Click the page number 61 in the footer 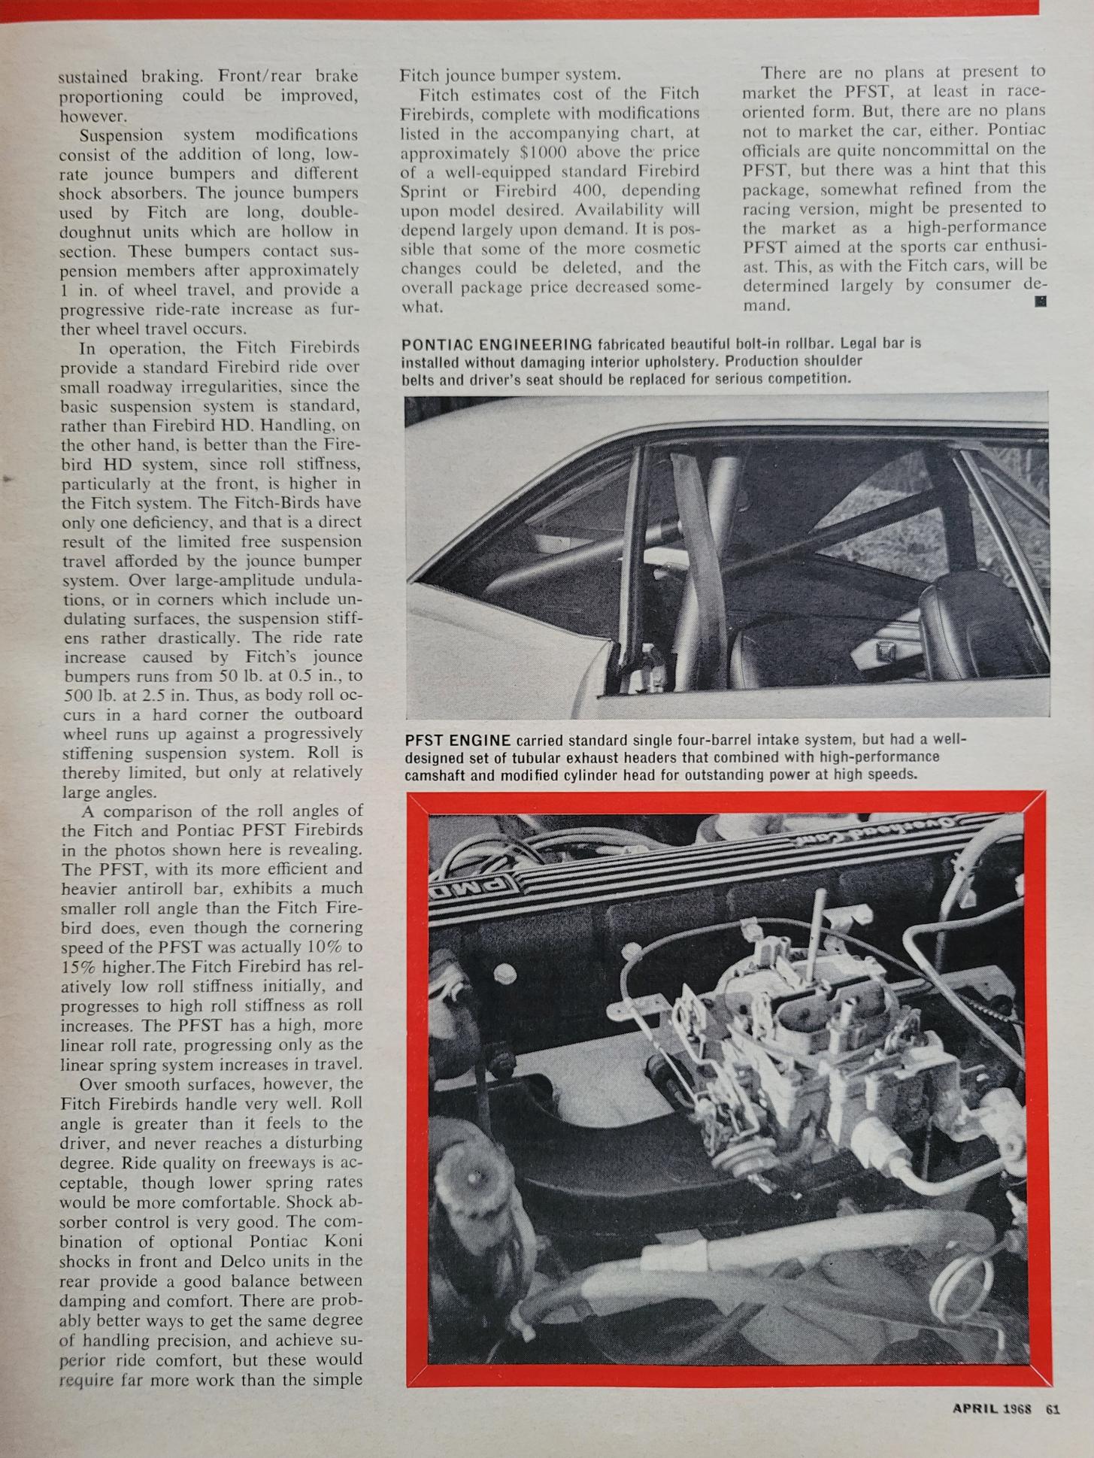pyautogui.click(x=1053, y=1409)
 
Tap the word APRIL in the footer pyautogui.click(x=975, y=1409)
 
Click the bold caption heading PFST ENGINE pyautogui.click(x=458, y=740)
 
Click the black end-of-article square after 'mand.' pyautogui.click(x=1041, y=302)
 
